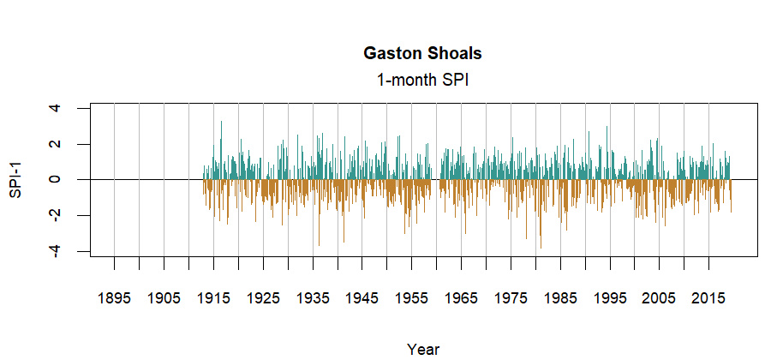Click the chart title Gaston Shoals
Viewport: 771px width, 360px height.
pyautogui.click(x=422, y=53)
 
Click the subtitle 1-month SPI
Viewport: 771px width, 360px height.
pyautogui.click(x=422, y=80)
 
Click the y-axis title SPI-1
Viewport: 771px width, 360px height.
pyautogui.click(x=16, y=180)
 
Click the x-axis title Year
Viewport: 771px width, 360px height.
pyautogui.click(x=423, y=349)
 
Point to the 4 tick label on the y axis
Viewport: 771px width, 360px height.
pyautogui.click(x=55, y=108)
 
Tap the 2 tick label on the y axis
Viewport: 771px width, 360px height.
pyautogui.click(x=55, y=144)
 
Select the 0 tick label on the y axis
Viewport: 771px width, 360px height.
pyautogui.click(x=55, y=180)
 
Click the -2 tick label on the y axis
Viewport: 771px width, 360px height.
pyautogui.click(x=55, y=215)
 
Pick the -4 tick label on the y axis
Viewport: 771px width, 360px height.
pyautogui.click(x=55, y=251)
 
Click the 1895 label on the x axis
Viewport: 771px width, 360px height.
pyautogui.click(x=114, y=298)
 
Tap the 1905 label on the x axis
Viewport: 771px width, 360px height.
pyautogui.click(x=164, y=298)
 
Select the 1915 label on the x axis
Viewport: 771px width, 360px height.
pyautogui.click(x=213, y=298)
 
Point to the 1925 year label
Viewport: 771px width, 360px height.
pyautogui.click(x=263, y=298)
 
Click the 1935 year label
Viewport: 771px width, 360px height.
pyautogui.click(x=313, y=298)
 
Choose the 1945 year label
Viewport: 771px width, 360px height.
pyautogui.click(x=362, y=298)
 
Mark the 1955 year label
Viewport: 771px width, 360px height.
pyautogui.click(x=412, y=298)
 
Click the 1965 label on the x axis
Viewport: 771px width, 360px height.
pyautogui.click(x=462, y=298)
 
